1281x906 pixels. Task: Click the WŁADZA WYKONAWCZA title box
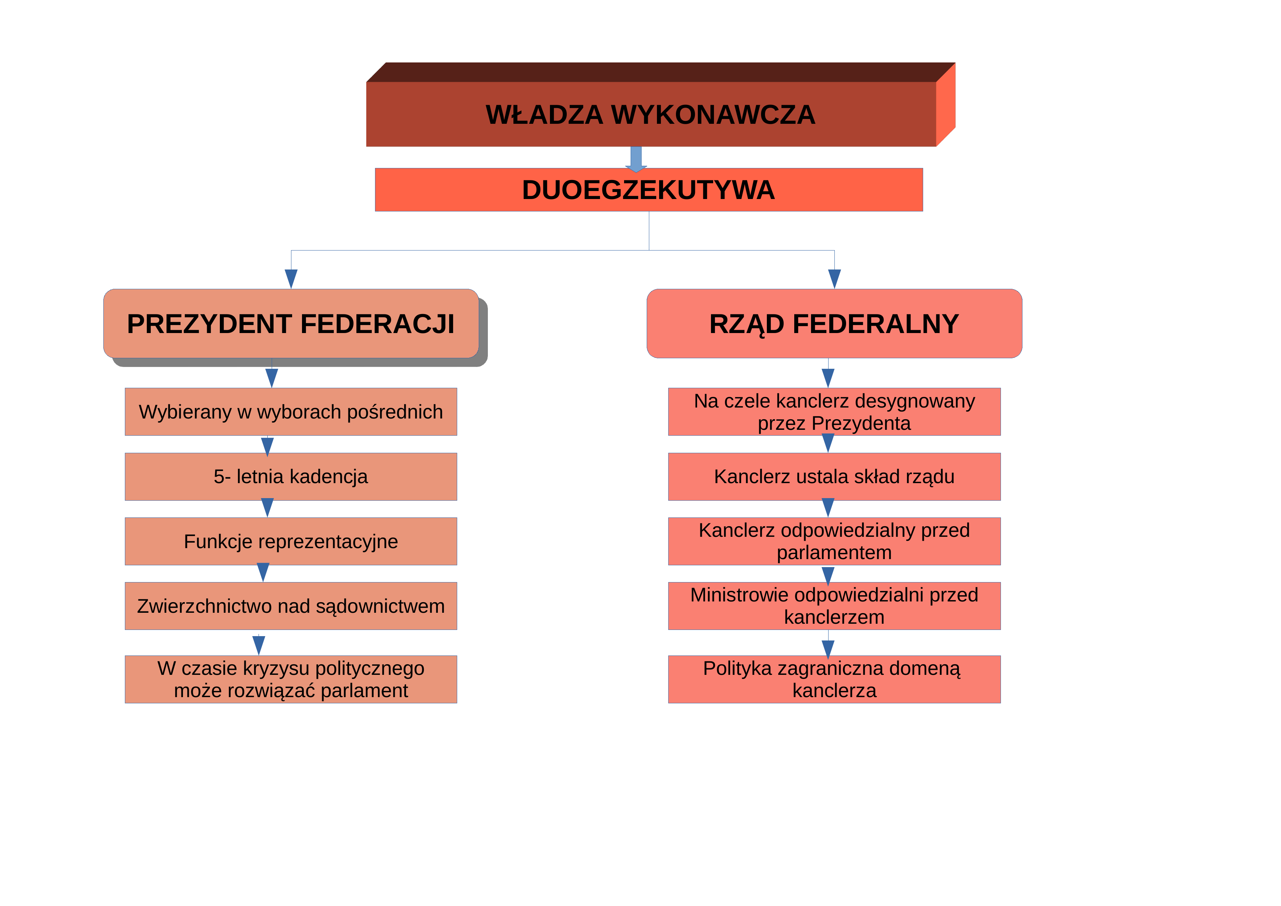[x=651, y=114]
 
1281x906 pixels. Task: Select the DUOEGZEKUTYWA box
[x=649, y=190]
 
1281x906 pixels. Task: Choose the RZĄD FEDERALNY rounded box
[x=834, y=324]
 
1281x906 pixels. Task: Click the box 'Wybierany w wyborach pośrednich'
[x=291, y=412]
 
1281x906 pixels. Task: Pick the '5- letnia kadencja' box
[x=291, y=477]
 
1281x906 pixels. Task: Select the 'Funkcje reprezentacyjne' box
[x=291, y=541]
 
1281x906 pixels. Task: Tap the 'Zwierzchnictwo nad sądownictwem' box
[x=291, y=606]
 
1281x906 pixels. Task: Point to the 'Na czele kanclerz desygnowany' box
[x=834, y=412]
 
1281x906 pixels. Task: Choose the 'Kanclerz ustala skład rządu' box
[x=834, y=477]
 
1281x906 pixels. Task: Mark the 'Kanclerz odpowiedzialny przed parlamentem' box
[x=834, y=541]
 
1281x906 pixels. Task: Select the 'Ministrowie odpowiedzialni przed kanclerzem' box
[x=834, y=606]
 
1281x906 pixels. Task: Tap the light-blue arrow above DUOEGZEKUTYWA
[x=636, y=159]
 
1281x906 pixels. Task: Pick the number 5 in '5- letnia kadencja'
[x=219, y=477]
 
